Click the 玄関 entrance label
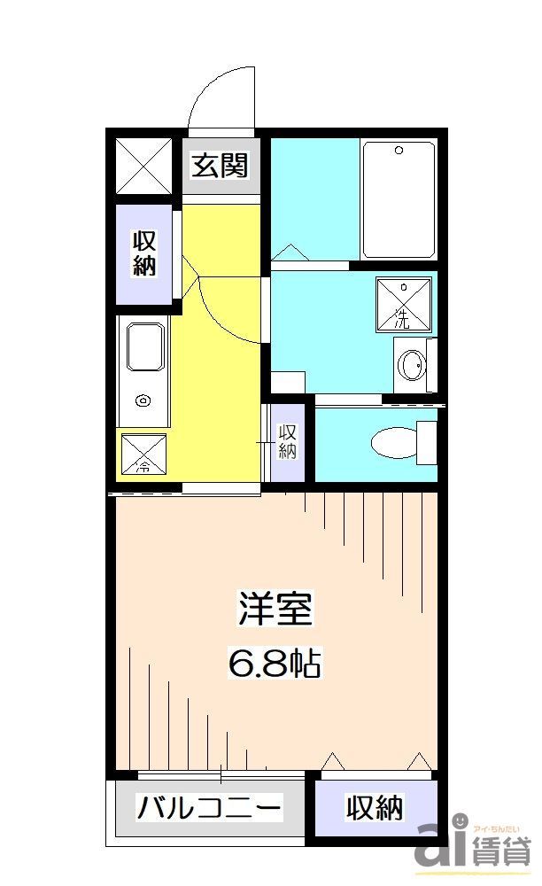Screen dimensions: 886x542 click(x=221, y=166)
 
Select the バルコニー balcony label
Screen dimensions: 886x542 click(x=209, y=808)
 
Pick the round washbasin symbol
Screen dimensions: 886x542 click(x=411, y=364)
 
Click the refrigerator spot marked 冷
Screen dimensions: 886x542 click(x=143, y=453)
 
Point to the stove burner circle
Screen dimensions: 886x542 click(x=142, y=401)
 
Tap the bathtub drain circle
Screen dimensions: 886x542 click(x=399, y=151)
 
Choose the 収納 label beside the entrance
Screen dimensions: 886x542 click(x=144, y=253)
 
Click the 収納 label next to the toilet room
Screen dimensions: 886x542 click(x=287, y=441)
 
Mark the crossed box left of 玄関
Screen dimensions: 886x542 click(x=144, y=166)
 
